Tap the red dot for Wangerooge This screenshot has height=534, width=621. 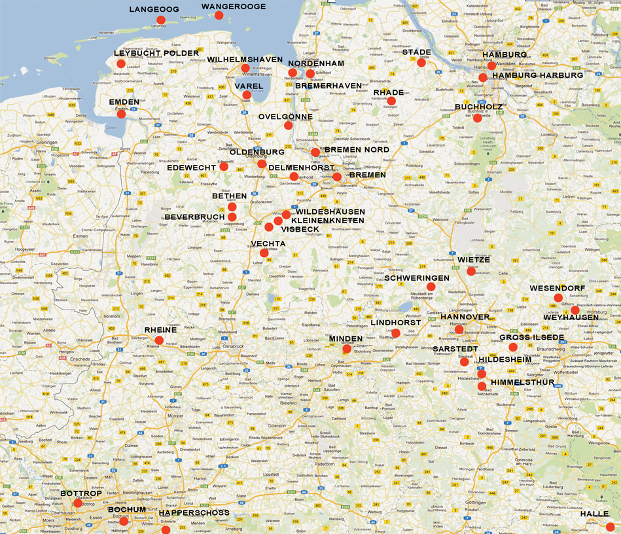(x=219, y=15)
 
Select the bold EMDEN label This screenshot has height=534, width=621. (x=124, y=102)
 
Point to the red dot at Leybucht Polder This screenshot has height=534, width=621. (x=121, y=63)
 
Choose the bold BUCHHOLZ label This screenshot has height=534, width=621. (x=478, y=107)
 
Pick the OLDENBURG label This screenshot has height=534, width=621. (x=257, y=152)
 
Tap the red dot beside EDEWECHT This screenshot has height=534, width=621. (x=224, y=166)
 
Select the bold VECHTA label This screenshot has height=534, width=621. (x=268, y=243)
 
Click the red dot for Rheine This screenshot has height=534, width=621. (x=159, y=340)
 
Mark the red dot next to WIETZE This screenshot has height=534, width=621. (x=471, y=271)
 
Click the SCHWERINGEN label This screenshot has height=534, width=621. (x=417, y=278)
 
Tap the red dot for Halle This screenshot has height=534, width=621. (x=610, y=527)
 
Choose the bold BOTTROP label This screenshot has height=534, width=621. (x=82, y=493)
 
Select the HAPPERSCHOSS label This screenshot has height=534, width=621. (x=194, y=512)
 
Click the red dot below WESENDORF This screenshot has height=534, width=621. (x=558, y=298)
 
